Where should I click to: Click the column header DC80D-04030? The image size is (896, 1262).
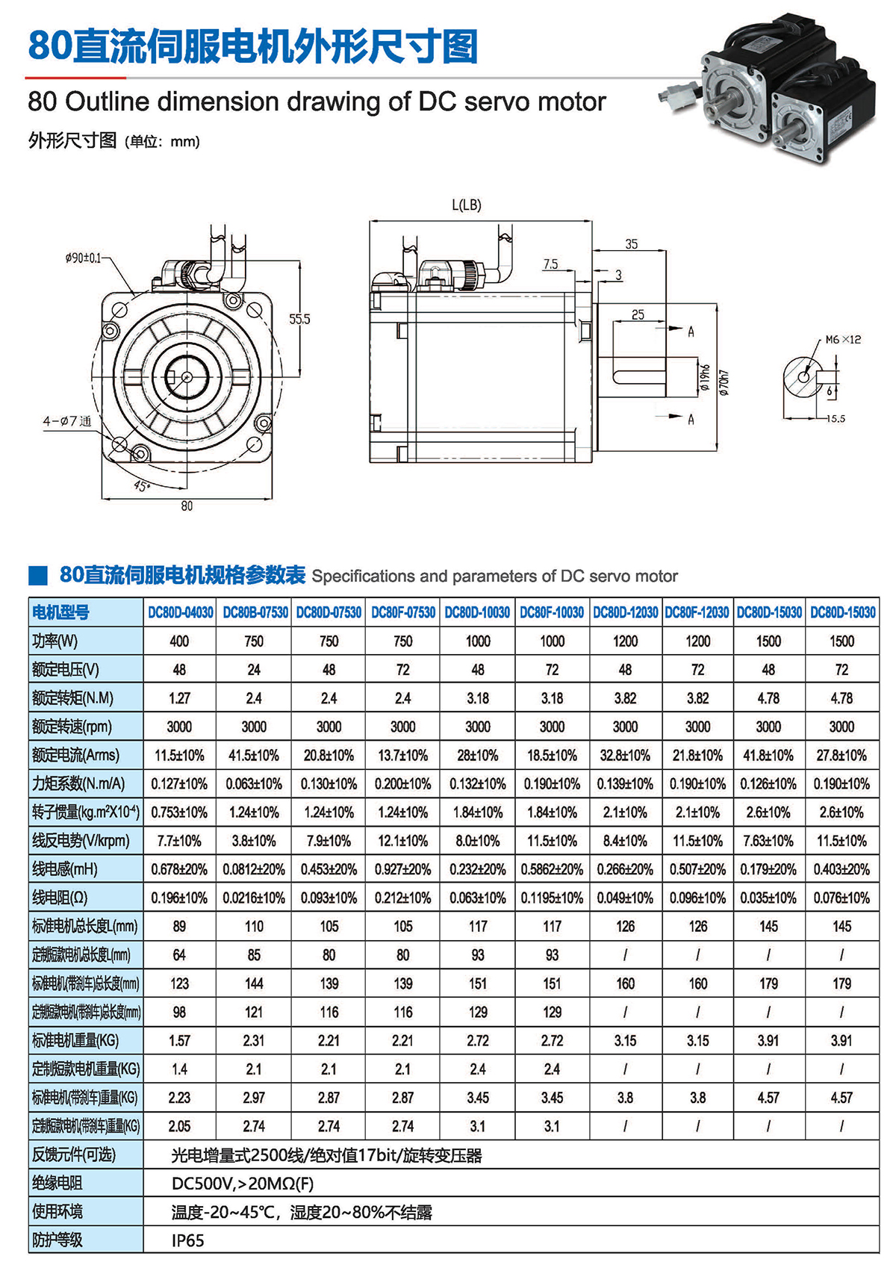[x=180, y=612]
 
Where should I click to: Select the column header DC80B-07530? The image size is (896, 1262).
[x=255, y=612]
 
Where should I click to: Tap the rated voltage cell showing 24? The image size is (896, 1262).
[x=254, y=670]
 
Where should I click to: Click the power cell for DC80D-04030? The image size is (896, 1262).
[x=179, y=641]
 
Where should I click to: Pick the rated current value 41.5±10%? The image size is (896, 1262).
[x=254, y=756]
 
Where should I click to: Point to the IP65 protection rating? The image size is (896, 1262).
[x=187, y=1240]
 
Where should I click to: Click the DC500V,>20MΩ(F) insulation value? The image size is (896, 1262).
[x=243, y=1184]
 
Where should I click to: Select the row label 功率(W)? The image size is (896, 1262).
[x=55, y=641]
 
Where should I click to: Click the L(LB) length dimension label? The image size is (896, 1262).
[x=467, y=205]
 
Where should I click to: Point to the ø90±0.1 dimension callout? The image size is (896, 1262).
[x=83, y=258]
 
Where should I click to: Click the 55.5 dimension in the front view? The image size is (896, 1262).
[x=299, y=319]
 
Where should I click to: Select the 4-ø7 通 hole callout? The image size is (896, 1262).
[x=66, y=421]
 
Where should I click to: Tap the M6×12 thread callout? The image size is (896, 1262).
[x=843, y=340]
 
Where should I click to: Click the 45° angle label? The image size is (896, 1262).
[x=141, y=486]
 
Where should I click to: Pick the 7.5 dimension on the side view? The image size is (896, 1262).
[x=550, y=264]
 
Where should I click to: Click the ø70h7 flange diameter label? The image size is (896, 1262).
[x=723, y=382]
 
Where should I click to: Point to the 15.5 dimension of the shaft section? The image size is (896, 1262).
[x=836, y=419]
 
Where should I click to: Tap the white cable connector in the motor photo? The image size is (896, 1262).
[x=676, y=95]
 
